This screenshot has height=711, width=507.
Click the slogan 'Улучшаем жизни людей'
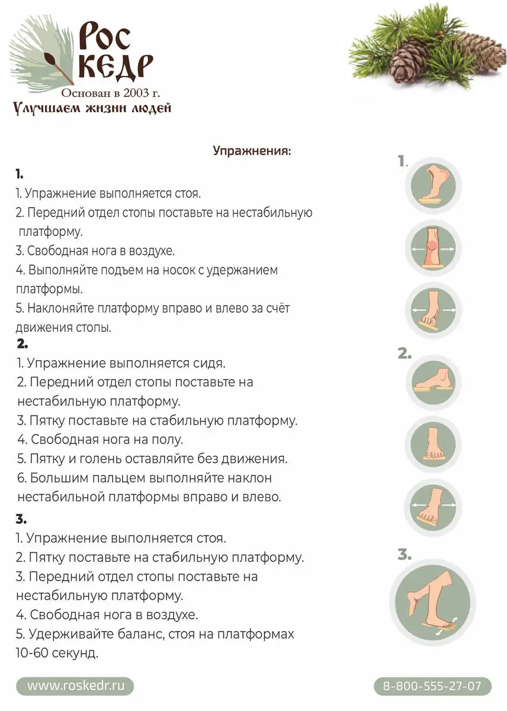(x=92, y=108)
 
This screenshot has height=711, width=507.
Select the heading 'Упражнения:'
(x=252, y=150)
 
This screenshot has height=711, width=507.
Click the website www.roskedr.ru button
(x=75, y=686)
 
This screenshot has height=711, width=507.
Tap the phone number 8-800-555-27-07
(x=432, y=686)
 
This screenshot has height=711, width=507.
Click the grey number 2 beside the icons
(x=405, y=354)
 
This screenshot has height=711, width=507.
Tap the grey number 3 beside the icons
(x=405, y=555)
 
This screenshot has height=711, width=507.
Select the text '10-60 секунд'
(x=57, y=654)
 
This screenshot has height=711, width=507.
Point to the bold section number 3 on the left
(x=21, y=520)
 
